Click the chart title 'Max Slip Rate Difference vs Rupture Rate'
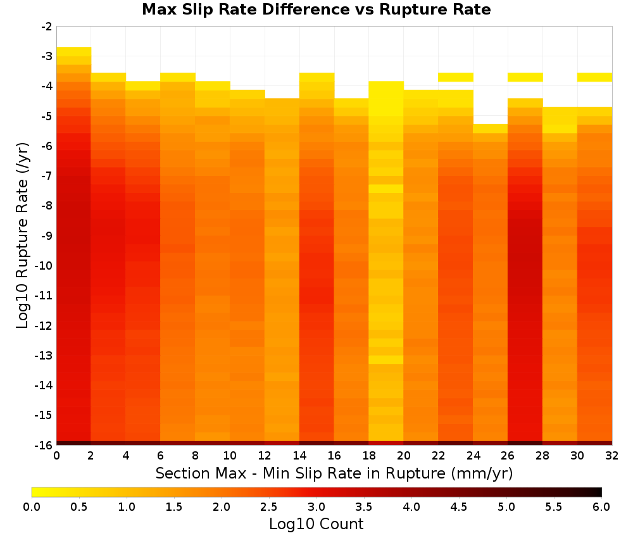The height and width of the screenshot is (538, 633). (316, 9)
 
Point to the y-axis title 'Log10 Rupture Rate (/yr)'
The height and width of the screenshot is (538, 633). (22, 235)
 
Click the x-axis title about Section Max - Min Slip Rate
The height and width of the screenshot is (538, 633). (334, 473)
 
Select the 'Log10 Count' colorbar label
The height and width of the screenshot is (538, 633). (316, 524)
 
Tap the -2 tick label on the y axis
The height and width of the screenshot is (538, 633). (47, 27)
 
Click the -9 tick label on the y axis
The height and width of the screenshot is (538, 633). (47, 235)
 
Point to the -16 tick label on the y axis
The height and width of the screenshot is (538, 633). (44, 445)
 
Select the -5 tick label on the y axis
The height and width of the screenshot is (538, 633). (47, 116)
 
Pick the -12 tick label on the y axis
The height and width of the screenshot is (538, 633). (44, 325)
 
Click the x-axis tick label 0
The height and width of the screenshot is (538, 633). (56, 456)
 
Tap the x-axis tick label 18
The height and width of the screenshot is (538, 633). (369, 456)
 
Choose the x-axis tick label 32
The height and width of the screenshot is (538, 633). (612, 456)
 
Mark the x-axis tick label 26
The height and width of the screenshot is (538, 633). (508, 456)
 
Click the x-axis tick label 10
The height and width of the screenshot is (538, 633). (230, 456)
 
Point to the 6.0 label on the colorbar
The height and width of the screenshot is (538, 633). (601, 507)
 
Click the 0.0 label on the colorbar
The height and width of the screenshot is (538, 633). (32, 507)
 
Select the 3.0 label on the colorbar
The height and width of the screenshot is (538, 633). (316, 507)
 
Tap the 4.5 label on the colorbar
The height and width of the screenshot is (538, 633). (459, 507)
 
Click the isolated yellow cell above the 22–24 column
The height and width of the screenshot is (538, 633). (456, 77)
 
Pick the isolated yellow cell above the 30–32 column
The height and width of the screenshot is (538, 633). (594, 77)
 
